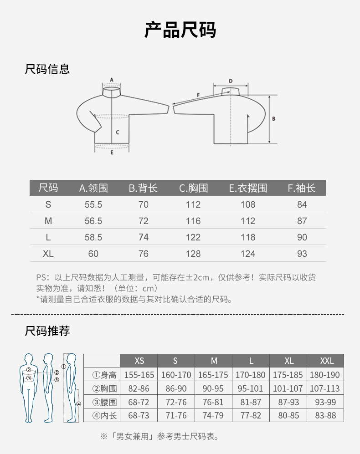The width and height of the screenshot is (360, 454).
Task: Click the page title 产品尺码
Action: click(x=180, y=30)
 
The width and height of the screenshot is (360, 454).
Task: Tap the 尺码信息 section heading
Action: click(x=47, y=69)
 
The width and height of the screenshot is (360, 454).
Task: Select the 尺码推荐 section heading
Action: click(x=47, y=331)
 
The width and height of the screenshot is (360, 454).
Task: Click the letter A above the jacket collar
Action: click(x=112, y=79)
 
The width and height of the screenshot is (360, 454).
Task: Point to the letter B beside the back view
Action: click(x=273, y=119)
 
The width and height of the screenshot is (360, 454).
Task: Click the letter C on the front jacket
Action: click(x=117, y=133)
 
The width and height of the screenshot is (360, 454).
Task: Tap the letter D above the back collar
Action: click(x=231, y=81)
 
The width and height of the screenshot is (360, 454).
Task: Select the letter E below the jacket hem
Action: click(x=112, y=153)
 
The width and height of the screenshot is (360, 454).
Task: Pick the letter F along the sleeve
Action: click(x=198, y=95)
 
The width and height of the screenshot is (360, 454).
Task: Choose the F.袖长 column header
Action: click(x=302, y=188)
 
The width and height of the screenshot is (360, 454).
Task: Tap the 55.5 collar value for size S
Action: click(x=93, y=204)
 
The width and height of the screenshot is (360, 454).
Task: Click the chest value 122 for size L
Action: click(x=193, y=237)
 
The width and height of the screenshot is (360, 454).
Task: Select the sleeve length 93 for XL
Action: click(x=302, y=254)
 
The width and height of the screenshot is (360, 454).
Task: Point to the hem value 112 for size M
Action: click(x=248, y=221)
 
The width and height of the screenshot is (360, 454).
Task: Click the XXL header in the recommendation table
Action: click(x=327, y=361)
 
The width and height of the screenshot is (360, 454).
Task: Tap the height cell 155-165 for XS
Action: click(x=139, y=375)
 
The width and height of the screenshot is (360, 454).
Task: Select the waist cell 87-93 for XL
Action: click(x=289, y=402)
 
